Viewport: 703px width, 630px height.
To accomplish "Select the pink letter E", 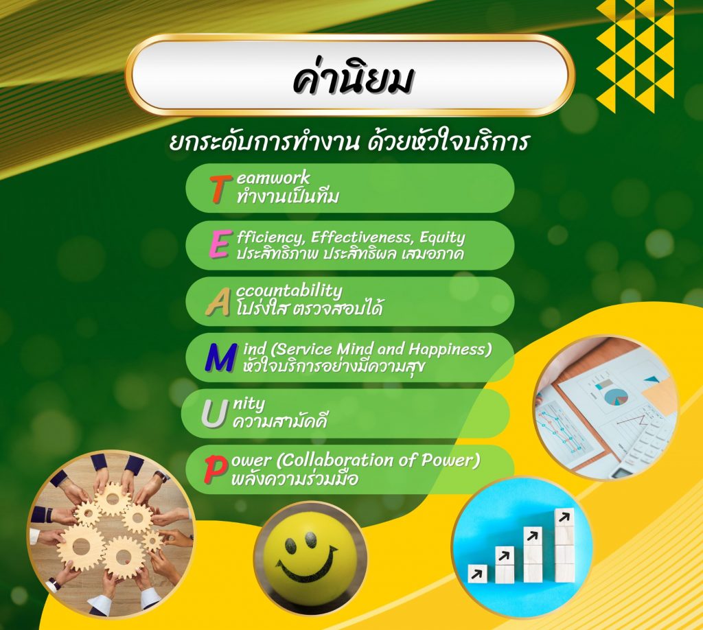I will pos(219,244).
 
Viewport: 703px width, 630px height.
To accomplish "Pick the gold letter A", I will pos(218,303).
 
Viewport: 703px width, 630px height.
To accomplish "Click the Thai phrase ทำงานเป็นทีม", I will pos(288,198).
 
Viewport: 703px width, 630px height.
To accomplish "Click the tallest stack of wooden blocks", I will pos(564,545).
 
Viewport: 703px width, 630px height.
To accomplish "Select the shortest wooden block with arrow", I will pos(478,573).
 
